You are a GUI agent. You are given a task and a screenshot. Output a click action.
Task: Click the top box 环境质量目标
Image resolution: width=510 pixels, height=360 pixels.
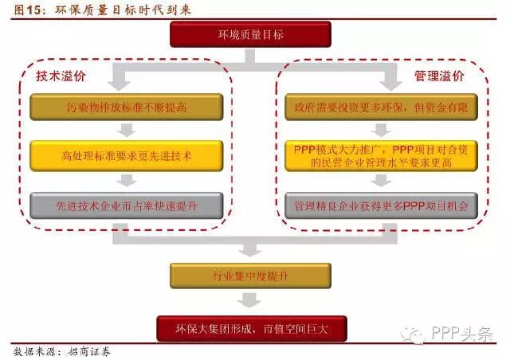250,35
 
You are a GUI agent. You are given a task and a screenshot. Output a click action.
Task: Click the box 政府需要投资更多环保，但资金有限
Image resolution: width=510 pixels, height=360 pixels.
382,107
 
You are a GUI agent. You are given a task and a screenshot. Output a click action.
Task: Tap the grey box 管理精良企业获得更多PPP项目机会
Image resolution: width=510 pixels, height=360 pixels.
382,205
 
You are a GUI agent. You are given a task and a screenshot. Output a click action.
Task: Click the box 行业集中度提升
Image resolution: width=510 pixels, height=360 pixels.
250,276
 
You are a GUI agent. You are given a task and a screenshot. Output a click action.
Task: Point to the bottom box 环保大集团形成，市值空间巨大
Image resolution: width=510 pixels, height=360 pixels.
250,328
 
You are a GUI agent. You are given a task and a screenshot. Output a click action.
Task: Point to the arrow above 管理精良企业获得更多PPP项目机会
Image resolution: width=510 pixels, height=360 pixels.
382,181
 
